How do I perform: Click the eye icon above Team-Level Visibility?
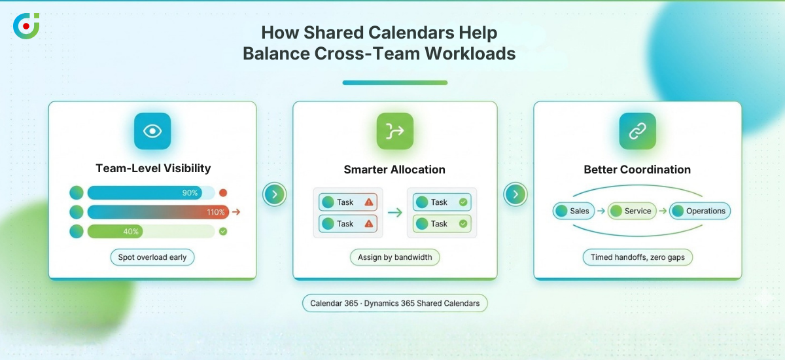152,131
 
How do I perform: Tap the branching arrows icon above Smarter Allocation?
394,131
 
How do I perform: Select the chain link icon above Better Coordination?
637,131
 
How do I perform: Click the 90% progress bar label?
190,193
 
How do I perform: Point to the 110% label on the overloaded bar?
215,212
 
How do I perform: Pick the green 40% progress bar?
115,231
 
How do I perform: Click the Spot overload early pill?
152,257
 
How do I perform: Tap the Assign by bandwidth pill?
394,257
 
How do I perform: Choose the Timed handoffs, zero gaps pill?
637,257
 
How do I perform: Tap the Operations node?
699,211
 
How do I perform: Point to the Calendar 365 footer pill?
394,303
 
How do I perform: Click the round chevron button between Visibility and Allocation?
275,194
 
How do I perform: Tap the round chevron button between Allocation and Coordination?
515,194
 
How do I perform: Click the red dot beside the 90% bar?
223,193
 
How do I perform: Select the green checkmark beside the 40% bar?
223,231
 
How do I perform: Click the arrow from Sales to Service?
601,211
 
